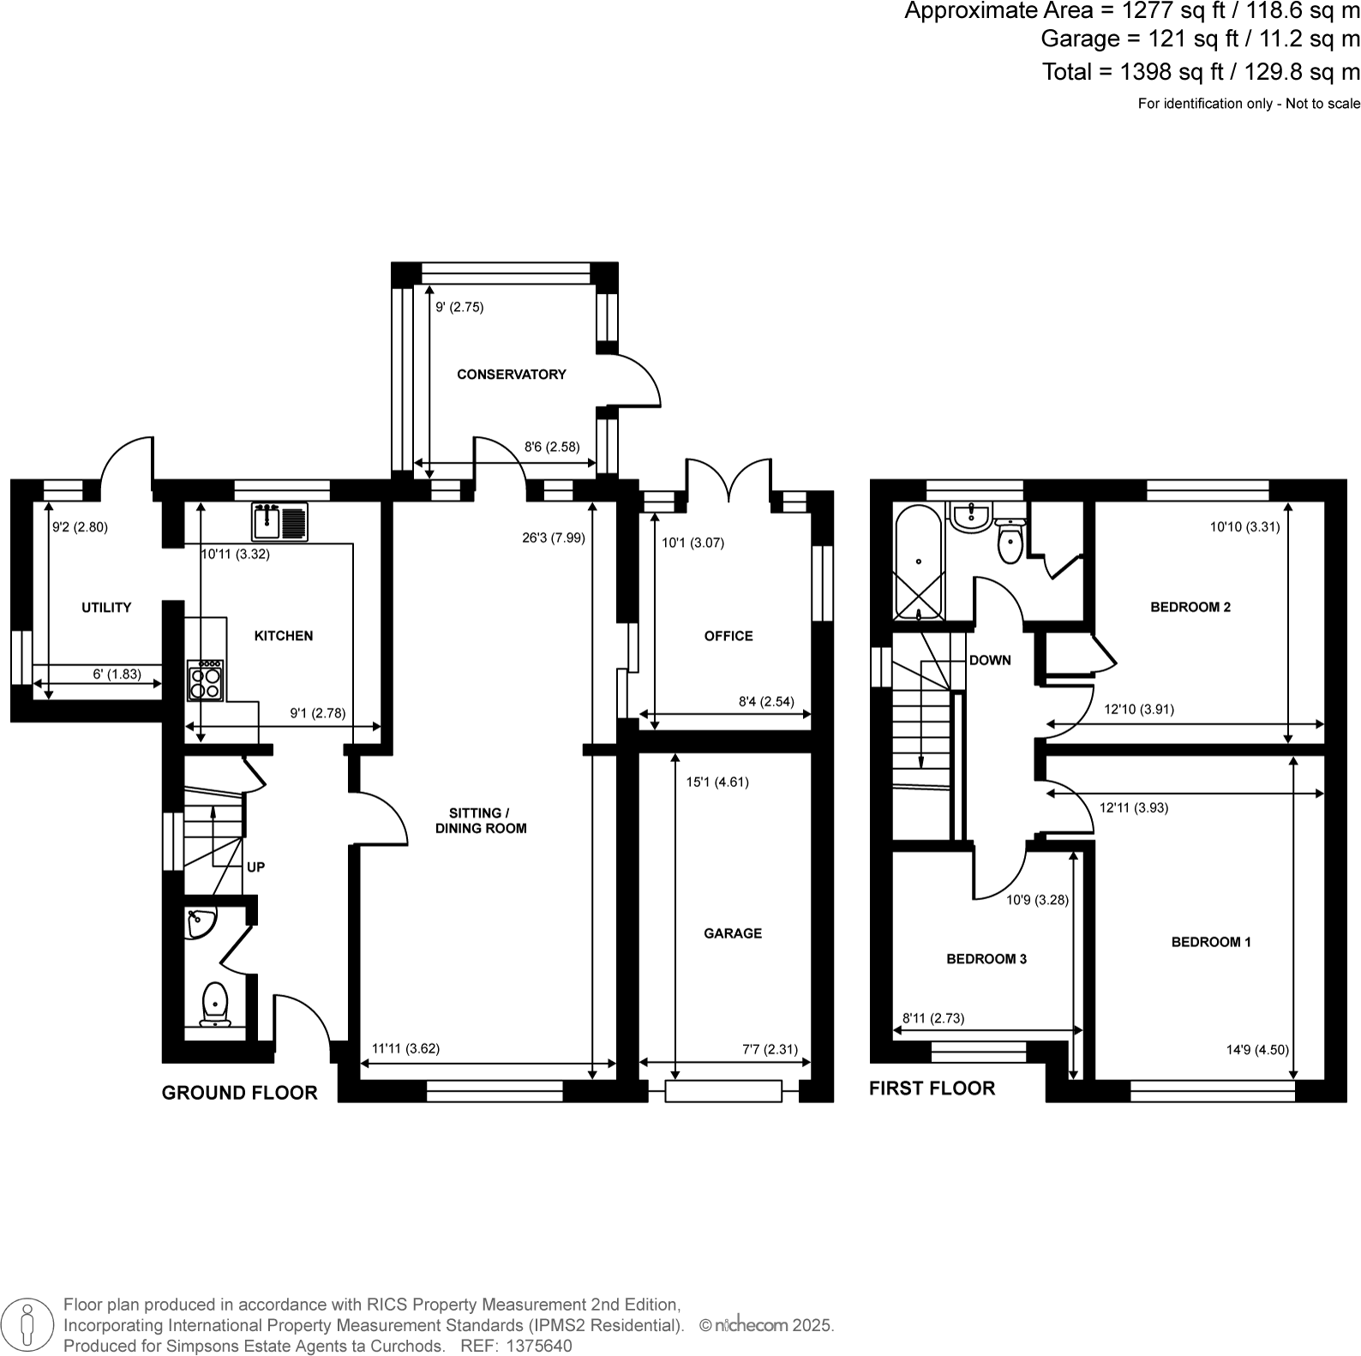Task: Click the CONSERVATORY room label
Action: point(511,375)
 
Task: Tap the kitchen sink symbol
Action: point(279,521)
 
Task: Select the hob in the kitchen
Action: point(206,681)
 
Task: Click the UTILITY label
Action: point(106,608)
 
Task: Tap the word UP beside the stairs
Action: point(255,867)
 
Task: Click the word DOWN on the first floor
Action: point(990,660)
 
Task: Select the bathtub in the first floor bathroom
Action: point(918,562)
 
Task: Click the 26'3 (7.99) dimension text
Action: point(553,538)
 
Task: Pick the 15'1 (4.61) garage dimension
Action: point(717,782)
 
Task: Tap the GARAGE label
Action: point(733,933)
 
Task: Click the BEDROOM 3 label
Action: point(986,959)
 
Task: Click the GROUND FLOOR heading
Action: point(239,1093)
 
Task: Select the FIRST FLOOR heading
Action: point(932,1089)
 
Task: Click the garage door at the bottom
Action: point(724,1091)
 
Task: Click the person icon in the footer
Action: point(28,1325)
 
